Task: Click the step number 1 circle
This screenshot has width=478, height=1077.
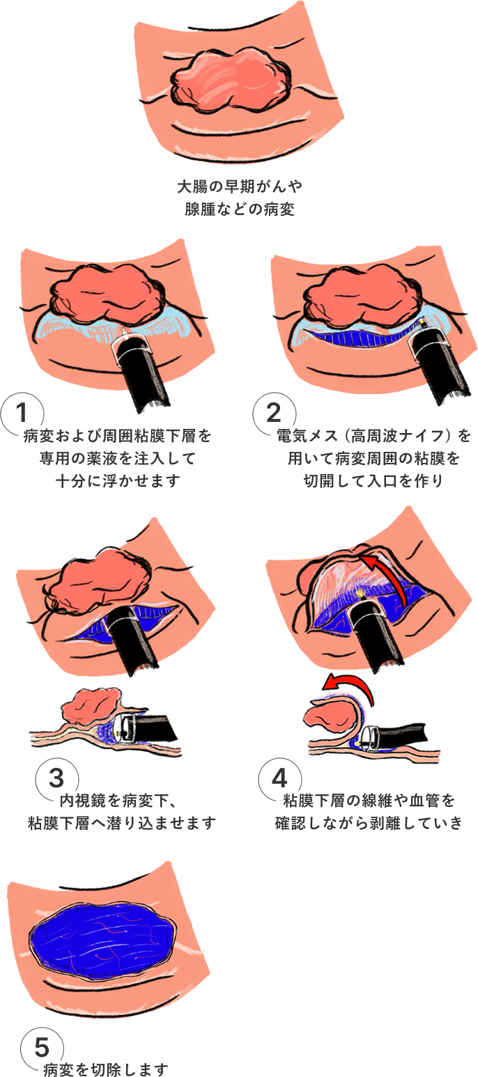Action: pyautogui.click(x=22, y=413)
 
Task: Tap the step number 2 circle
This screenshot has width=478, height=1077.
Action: pyautogui.click(x=274, y=413)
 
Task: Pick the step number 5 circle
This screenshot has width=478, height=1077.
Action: pyautogui.click(x=43, y=1046)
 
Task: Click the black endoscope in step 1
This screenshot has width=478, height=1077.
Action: pyautogui.click(x=139, y=370)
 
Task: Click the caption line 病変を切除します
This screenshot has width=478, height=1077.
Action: pyautogui.click(x=106, y=1070)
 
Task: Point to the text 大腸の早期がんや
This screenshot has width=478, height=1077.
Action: pyautogui.click(x=239, y=186)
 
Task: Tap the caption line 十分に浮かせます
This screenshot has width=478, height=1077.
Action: pyautogui.click(x=118, y=480)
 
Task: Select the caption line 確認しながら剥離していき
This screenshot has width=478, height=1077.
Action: pyautogui.click(x=369, y=823)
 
